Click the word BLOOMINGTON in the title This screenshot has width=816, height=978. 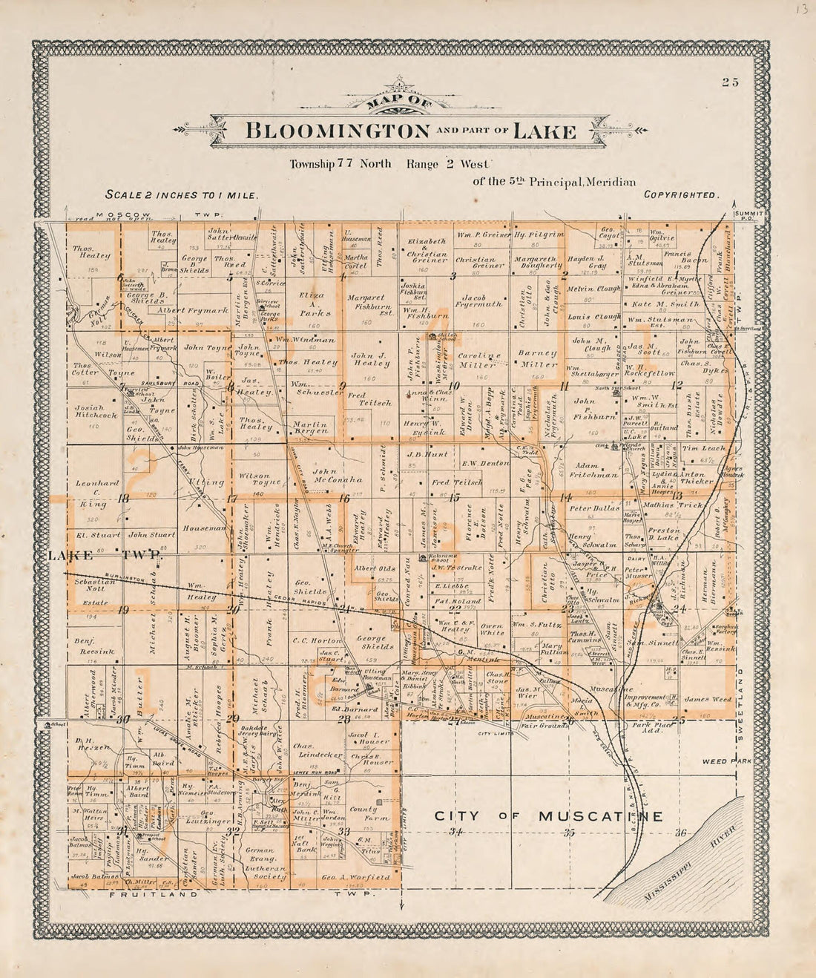tap(338, 132)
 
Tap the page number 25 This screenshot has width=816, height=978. tap(731, 82)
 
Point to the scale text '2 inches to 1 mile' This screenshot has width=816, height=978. tap(182, 195)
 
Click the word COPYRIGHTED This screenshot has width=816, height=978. tap(681, 195)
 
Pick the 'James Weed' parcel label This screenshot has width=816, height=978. tap(707, 699)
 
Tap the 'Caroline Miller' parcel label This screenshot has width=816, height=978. tap(476, 360)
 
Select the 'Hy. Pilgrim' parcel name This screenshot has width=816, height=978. tap(539, 234)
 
